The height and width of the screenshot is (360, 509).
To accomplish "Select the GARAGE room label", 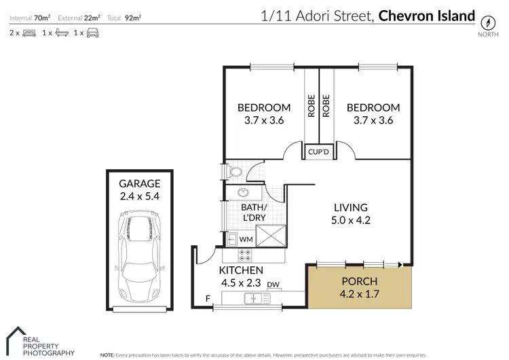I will pyautogui.click(x=139, y=183).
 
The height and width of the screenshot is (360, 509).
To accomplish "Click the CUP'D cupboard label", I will pyautogui.click(x=318, y=151).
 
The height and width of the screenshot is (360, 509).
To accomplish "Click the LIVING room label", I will pyautogui.click(x=350, y=207).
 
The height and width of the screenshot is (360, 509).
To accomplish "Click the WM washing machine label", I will pyautogui.click(x=246, y=238).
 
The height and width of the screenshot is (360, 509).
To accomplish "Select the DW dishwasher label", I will pyautogui.click(x=274, y=285).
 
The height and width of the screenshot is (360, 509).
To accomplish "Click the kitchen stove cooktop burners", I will pyautogui.click(x=245, y=256).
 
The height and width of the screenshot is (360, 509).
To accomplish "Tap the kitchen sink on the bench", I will pyautogui.click(x=253, y=298).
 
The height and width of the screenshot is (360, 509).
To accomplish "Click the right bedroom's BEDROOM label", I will pyautogui.click(x=373, y=107).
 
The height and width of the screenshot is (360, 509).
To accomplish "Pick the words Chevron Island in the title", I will pyautogui.click(x=426, y=16).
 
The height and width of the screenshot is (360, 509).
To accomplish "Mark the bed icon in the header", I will pyautogui.click(x=29, y=33).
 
